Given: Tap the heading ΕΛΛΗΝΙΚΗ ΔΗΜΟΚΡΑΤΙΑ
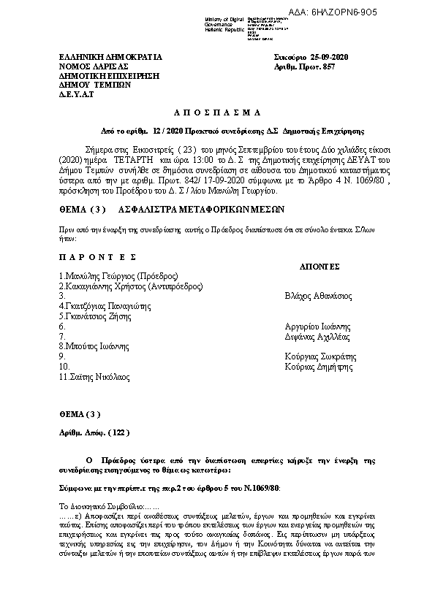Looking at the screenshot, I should tap(110, 56).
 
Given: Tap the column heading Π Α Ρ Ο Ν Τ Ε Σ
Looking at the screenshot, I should tap(98, 257).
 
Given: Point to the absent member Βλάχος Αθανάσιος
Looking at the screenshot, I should tap(318, 297).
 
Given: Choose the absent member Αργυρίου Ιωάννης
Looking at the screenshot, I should tap(317, 326).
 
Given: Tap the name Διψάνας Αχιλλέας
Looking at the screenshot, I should tap(318, 337).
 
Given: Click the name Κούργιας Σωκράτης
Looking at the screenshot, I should tap(319, 356).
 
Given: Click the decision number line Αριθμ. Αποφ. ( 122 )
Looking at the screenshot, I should tap(95, 432).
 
